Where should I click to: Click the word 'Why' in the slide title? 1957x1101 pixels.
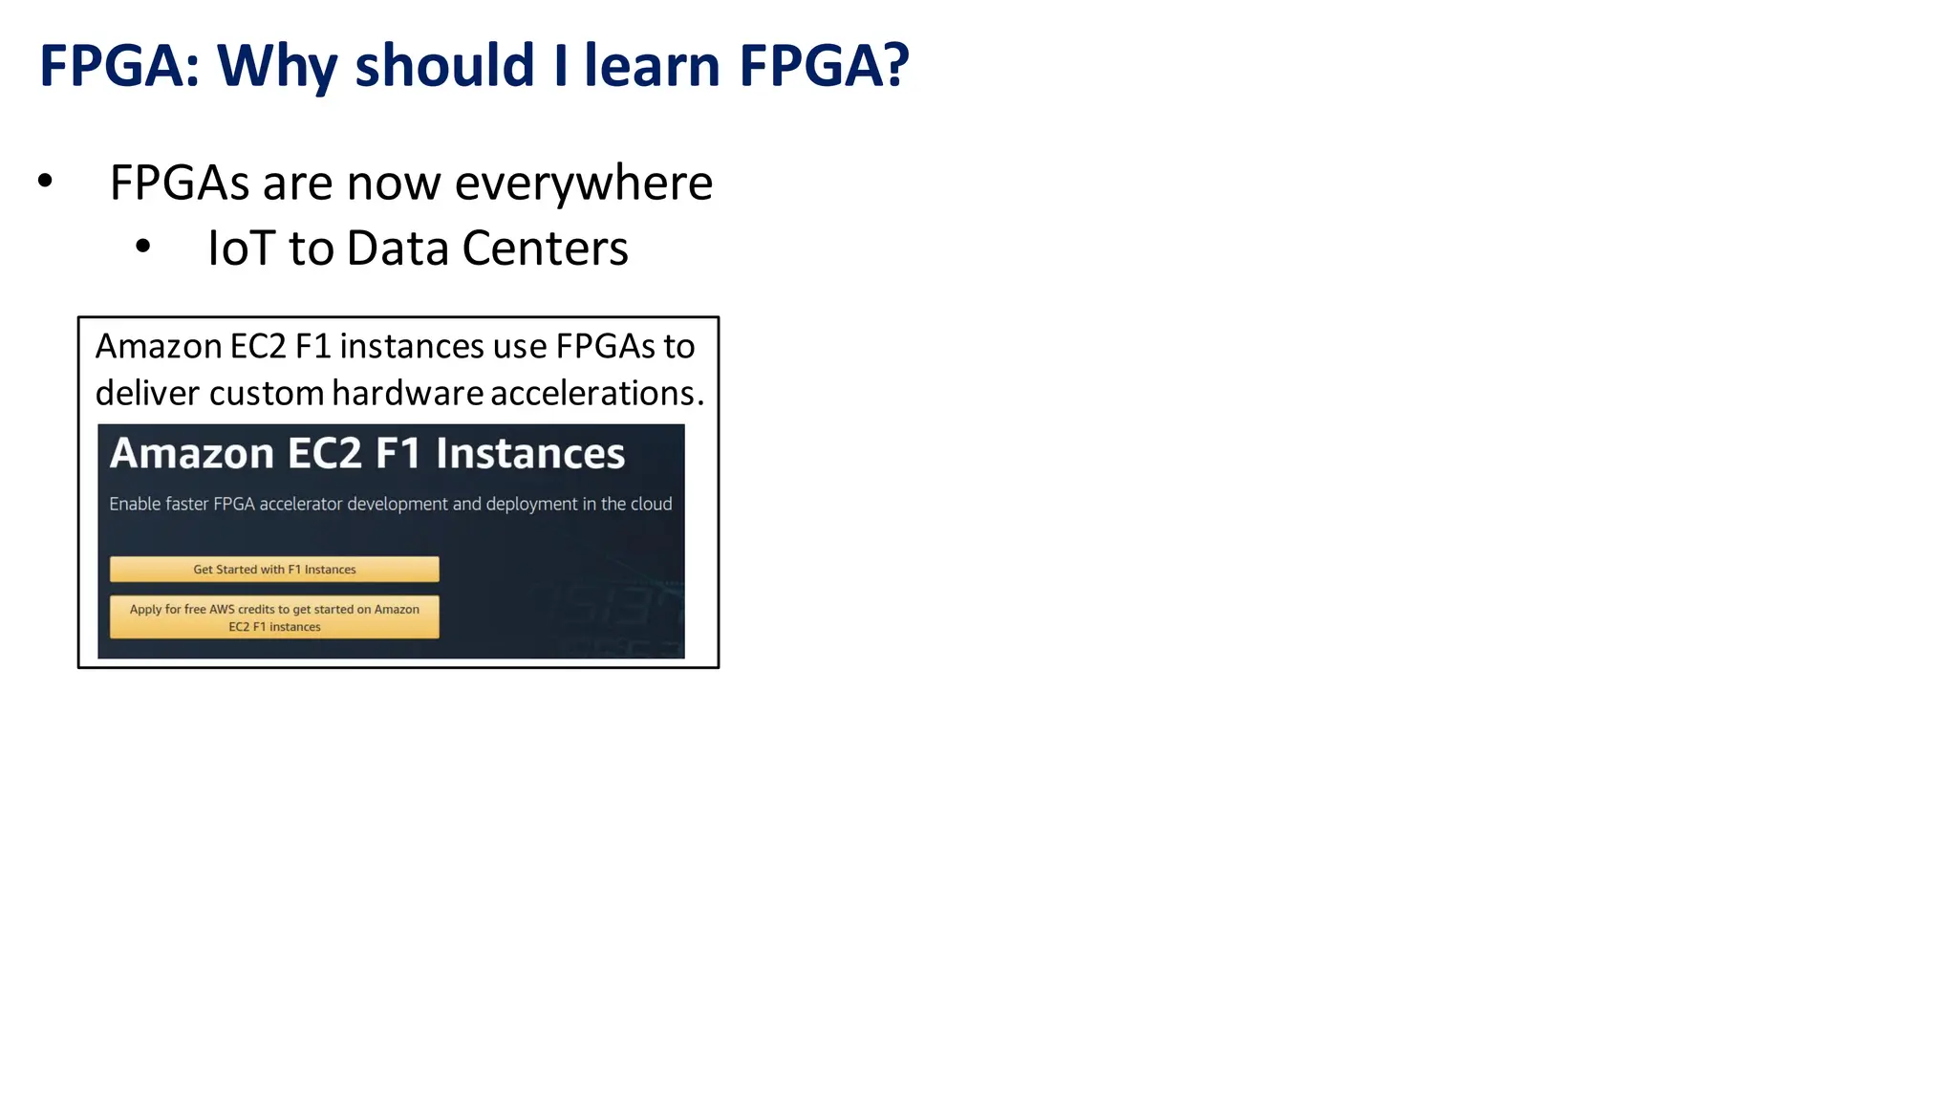pos(277,67)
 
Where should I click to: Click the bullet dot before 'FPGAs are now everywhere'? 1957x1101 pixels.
pos(45,181)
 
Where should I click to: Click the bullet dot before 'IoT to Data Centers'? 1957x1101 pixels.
pos(143,247)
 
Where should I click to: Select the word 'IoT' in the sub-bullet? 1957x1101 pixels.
pos(242,248)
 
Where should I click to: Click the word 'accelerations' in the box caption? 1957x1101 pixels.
pos(593,393)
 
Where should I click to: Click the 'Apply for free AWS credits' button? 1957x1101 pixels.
pos(274,617)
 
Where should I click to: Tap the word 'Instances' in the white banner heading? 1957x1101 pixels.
pos(529,453)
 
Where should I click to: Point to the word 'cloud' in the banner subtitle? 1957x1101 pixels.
pos(651,504)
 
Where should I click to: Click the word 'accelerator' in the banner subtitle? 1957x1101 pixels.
pos(300,504)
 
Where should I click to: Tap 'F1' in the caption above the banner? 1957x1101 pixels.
pos(312,346)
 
